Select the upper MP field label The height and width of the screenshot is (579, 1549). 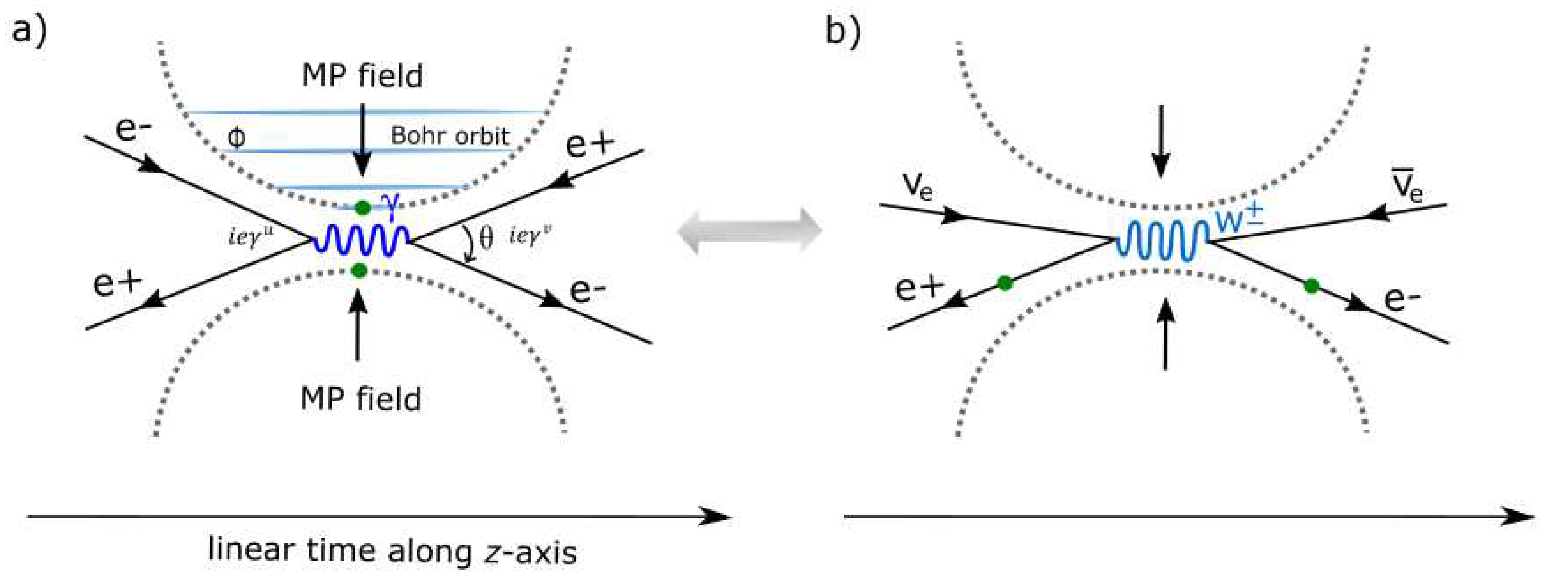(362, 76)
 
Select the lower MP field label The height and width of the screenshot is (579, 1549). (360, 399)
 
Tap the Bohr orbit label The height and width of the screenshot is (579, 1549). (450, 136)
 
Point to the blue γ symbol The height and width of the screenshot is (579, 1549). (392, 205)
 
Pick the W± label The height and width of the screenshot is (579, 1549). (1239, 219)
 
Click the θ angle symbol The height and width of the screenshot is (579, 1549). (486, 238)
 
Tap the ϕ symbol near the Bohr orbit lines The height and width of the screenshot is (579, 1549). (236, 138)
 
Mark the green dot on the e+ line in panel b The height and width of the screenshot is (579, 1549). (1005, 283)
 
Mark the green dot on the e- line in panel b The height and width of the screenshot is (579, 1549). (1312, 286)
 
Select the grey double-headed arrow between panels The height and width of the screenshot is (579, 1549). (749, 231)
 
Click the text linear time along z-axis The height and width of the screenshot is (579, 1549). (392, 551)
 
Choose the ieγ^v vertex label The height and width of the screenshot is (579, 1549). (530, 236)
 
